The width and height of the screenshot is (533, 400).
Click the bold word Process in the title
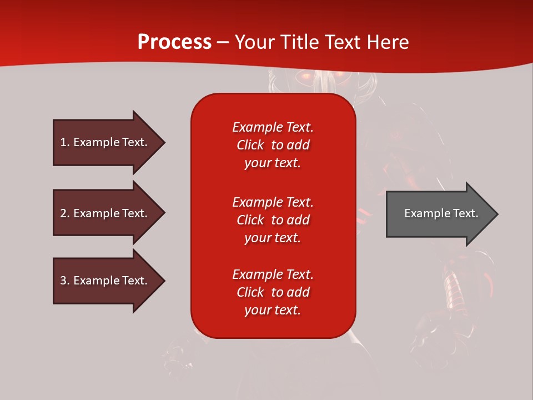coord(174,42)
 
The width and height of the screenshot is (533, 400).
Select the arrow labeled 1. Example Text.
coord(105,142)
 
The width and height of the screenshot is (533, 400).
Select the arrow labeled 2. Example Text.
coord(105,213)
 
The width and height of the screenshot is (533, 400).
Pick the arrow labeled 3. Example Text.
coord(105,281)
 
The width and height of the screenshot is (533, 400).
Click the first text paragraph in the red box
coord(273,145)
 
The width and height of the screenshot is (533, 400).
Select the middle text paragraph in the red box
coord(273,220)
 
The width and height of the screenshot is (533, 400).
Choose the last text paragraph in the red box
coord(273,292)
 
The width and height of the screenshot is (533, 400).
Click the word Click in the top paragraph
coord(250,145)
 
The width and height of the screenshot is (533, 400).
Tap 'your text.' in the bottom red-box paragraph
coord(273,310)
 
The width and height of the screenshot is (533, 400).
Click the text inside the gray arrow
coord(441,213)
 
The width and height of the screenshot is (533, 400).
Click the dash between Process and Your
coord(223,43)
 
